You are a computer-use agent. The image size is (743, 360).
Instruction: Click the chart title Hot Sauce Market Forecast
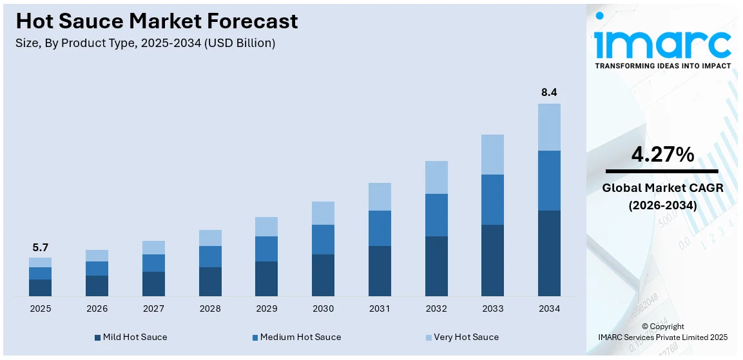(x=157, y=21)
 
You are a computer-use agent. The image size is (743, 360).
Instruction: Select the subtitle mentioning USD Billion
(x=146, y=43)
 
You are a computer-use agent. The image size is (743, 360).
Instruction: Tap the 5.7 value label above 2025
(x=40, y=247)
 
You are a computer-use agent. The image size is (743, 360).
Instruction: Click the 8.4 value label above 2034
(x=549, y=93)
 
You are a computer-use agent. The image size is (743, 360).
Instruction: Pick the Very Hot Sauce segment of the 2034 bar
(x=549, y=127)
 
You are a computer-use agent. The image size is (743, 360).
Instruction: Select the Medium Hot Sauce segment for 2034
(x=549, y=180)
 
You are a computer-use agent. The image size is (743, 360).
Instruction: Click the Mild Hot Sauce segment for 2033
(x=492, y=260)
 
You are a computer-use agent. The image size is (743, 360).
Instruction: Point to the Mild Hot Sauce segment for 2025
(x=40, y=287)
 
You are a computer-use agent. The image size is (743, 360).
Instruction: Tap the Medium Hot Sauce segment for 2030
(x=323, y=239)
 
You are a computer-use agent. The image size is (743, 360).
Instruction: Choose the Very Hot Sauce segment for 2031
(x=380, y=196)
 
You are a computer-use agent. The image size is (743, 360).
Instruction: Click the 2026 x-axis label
(x=97, y=309)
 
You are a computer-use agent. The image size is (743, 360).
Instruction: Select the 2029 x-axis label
(x=266, y=309)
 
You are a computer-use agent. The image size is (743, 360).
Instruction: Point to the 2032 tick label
(x=436, y=309)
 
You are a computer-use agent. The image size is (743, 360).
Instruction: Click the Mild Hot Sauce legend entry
(x=130, y=337)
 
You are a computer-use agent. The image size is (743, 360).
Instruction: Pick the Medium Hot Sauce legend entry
(x=296, y=337)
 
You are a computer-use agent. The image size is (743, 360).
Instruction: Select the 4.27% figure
(x=662, y=155)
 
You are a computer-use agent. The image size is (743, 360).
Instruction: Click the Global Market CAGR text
(x=662, y=188)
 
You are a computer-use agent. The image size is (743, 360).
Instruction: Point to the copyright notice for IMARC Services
(x=662, y=332)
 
